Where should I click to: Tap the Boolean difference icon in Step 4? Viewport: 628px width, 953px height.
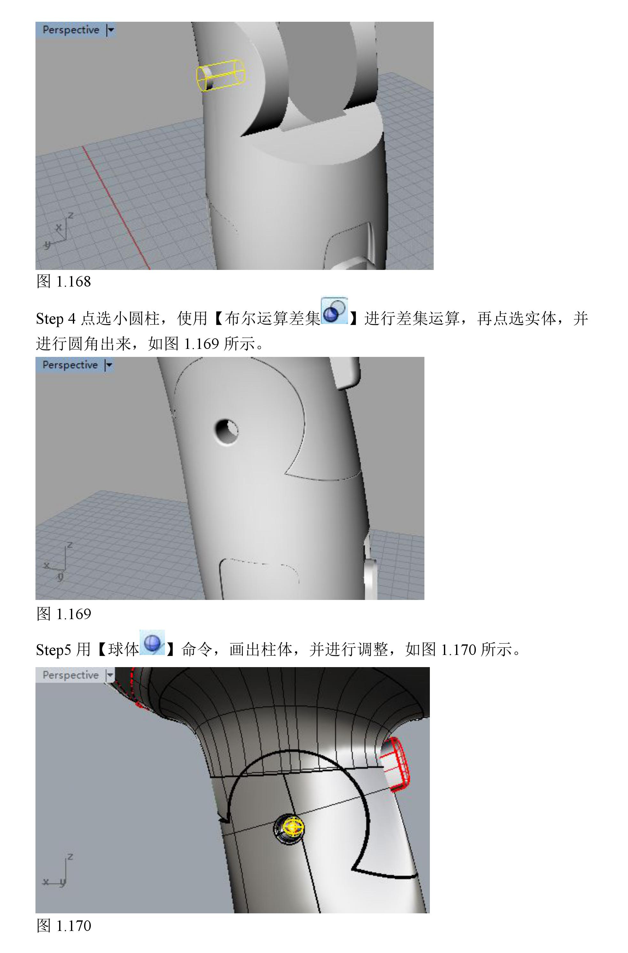tap(334, 311)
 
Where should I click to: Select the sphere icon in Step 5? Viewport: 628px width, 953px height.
tap(152, 642)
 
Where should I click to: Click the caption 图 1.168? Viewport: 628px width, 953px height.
tap(64, 281)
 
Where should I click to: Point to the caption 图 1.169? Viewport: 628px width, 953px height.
tap(64, 614)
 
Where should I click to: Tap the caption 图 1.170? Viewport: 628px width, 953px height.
tap(64, 925)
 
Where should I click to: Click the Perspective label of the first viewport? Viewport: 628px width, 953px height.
tap(71, 30)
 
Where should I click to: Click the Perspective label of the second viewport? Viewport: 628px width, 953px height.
tap(70, 365)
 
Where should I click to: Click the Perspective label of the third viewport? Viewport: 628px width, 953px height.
tap(71, 675)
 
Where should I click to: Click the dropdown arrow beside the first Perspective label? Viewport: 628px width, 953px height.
tap(111, 30)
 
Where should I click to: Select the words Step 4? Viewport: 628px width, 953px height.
tap(56, 319)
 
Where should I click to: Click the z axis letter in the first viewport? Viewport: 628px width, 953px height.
tap(71, 215)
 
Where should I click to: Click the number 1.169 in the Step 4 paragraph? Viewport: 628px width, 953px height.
tap(201, 343)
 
